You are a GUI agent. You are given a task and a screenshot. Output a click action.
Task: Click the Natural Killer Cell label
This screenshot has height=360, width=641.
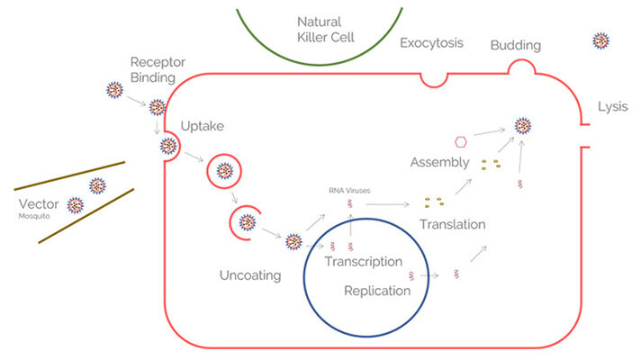click(325, 30)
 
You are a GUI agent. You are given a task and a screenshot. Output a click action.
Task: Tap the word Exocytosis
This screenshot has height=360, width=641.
click(431, 43)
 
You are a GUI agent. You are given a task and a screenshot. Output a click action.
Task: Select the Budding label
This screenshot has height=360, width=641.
click(516, 45)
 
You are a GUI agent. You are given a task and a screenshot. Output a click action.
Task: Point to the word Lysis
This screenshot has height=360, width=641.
click(612, 107)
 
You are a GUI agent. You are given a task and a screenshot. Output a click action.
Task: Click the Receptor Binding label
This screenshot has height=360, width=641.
click(158, 69)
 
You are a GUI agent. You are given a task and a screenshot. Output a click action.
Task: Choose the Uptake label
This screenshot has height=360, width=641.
click(203, 126)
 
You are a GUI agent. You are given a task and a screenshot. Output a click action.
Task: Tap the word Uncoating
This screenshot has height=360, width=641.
click(250, 275)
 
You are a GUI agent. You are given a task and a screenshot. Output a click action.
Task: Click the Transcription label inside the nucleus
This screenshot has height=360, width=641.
click(364, 262)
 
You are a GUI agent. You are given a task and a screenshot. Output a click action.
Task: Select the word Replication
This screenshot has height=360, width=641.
click(377, 291)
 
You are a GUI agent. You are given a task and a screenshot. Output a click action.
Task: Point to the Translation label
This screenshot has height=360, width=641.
click(453, 224)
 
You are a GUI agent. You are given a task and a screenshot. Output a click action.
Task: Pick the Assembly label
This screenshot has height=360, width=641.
click(440, 163)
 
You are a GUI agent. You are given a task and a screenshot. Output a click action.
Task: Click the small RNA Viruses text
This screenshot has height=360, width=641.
click(349, 191)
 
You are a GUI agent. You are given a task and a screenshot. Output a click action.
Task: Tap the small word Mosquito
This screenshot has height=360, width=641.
click(34, 216)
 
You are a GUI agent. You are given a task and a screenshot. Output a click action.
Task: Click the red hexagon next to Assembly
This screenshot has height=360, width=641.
click(461, 142)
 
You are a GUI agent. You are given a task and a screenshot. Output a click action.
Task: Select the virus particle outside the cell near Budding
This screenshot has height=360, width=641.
click(600, 40)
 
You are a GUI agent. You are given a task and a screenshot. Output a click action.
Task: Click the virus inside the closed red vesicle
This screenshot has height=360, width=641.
click(224, 171)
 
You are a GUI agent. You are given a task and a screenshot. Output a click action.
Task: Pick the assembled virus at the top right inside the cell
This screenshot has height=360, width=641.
click(522, 126)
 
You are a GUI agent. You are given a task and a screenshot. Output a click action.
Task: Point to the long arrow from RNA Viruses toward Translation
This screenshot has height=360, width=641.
click(387, 204)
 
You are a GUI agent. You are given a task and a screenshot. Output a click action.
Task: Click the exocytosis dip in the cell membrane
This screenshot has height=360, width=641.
click(434, 82)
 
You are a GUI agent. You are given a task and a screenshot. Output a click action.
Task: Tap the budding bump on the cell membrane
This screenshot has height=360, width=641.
click(521, 61)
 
